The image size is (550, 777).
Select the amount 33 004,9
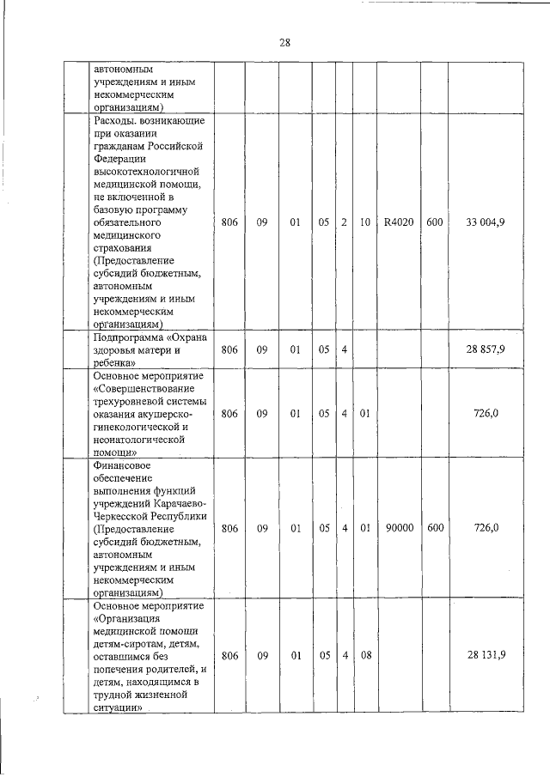click(x=486, y=222)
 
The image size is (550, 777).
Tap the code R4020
click(x=399, y=222)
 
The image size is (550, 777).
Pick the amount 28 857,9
click(x=486, y=349)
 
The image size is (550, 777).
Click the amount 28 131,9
click(x=486, y=654)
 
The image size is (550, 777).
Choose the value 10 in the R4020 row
click(x=364, y=222)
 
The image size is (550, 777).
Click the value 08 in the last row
click(x=364, y=654)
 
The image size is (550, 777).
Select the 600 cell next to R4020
click(x=434, y=222)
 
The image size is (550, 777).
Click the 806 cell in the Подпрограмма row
click(x=229, y=349)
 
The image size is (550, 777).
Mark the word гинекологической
click(x=138, y=427)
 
